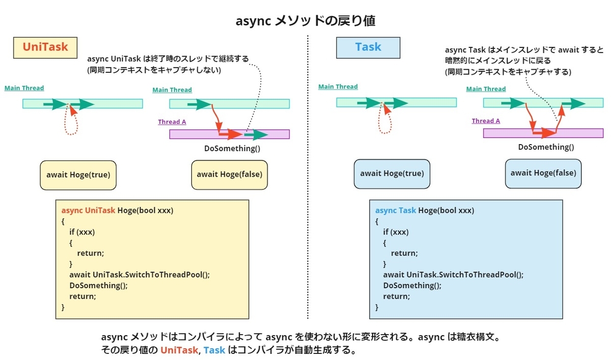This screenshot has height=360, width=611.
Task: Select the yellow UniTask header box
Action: [x=45, y=47]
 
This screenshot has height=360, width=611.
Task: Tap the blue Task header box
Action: [x=368, y=47]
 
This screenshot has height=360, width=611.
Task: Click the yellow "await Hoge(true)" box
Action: [x=78, y=175]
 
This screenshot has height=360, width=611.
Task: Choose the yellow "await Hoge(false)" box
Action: [x=229, y=175]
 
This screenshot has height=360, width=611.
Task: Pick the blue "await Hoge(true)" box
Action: [x=392, y=174]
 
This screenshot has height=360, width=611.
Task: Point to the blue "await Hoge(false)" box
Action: [x=543, y=173]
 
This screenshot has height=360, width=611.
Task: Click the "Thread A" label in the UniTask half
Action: [x=172, y=122]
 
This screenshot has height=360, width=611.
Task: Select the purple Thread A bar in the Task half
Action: [x=543, y=133]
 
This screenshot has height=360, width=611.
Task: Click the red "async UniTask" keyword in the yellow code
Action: [x=89, y=210]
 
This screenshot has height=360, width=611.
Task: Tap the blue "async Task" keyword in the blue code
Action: [x=396, y=210]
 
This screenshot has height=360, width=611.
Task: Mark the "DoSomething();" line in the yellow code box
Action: [x=99, y=285]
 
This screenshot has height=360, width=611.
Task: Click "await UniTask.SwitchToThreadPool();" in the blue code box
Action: [x=453, y=274]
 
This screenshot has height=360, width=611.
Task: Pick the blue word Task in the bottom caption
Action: [x=214, y=350]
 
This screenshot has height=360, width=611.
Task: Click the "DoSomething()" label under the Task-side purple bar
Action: [x=546, y=147]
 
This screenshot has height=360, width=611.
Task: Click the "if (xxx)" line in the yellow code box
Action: [x=82, y=232]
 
